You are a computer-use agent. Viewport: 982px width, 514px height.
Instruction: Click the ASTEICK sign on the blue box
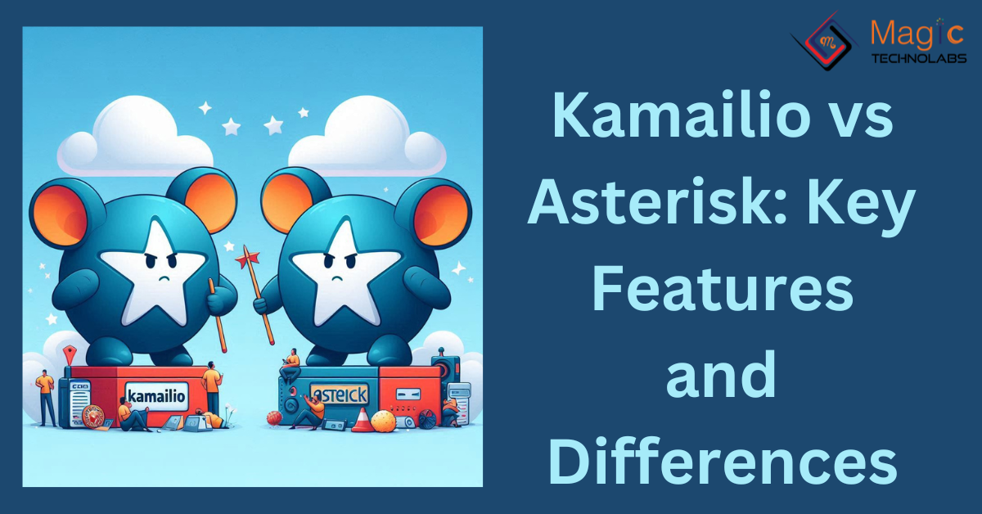point(338,396)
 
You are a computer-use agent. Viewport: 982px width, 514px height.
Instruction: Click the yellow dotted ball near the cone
point(383,422)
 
